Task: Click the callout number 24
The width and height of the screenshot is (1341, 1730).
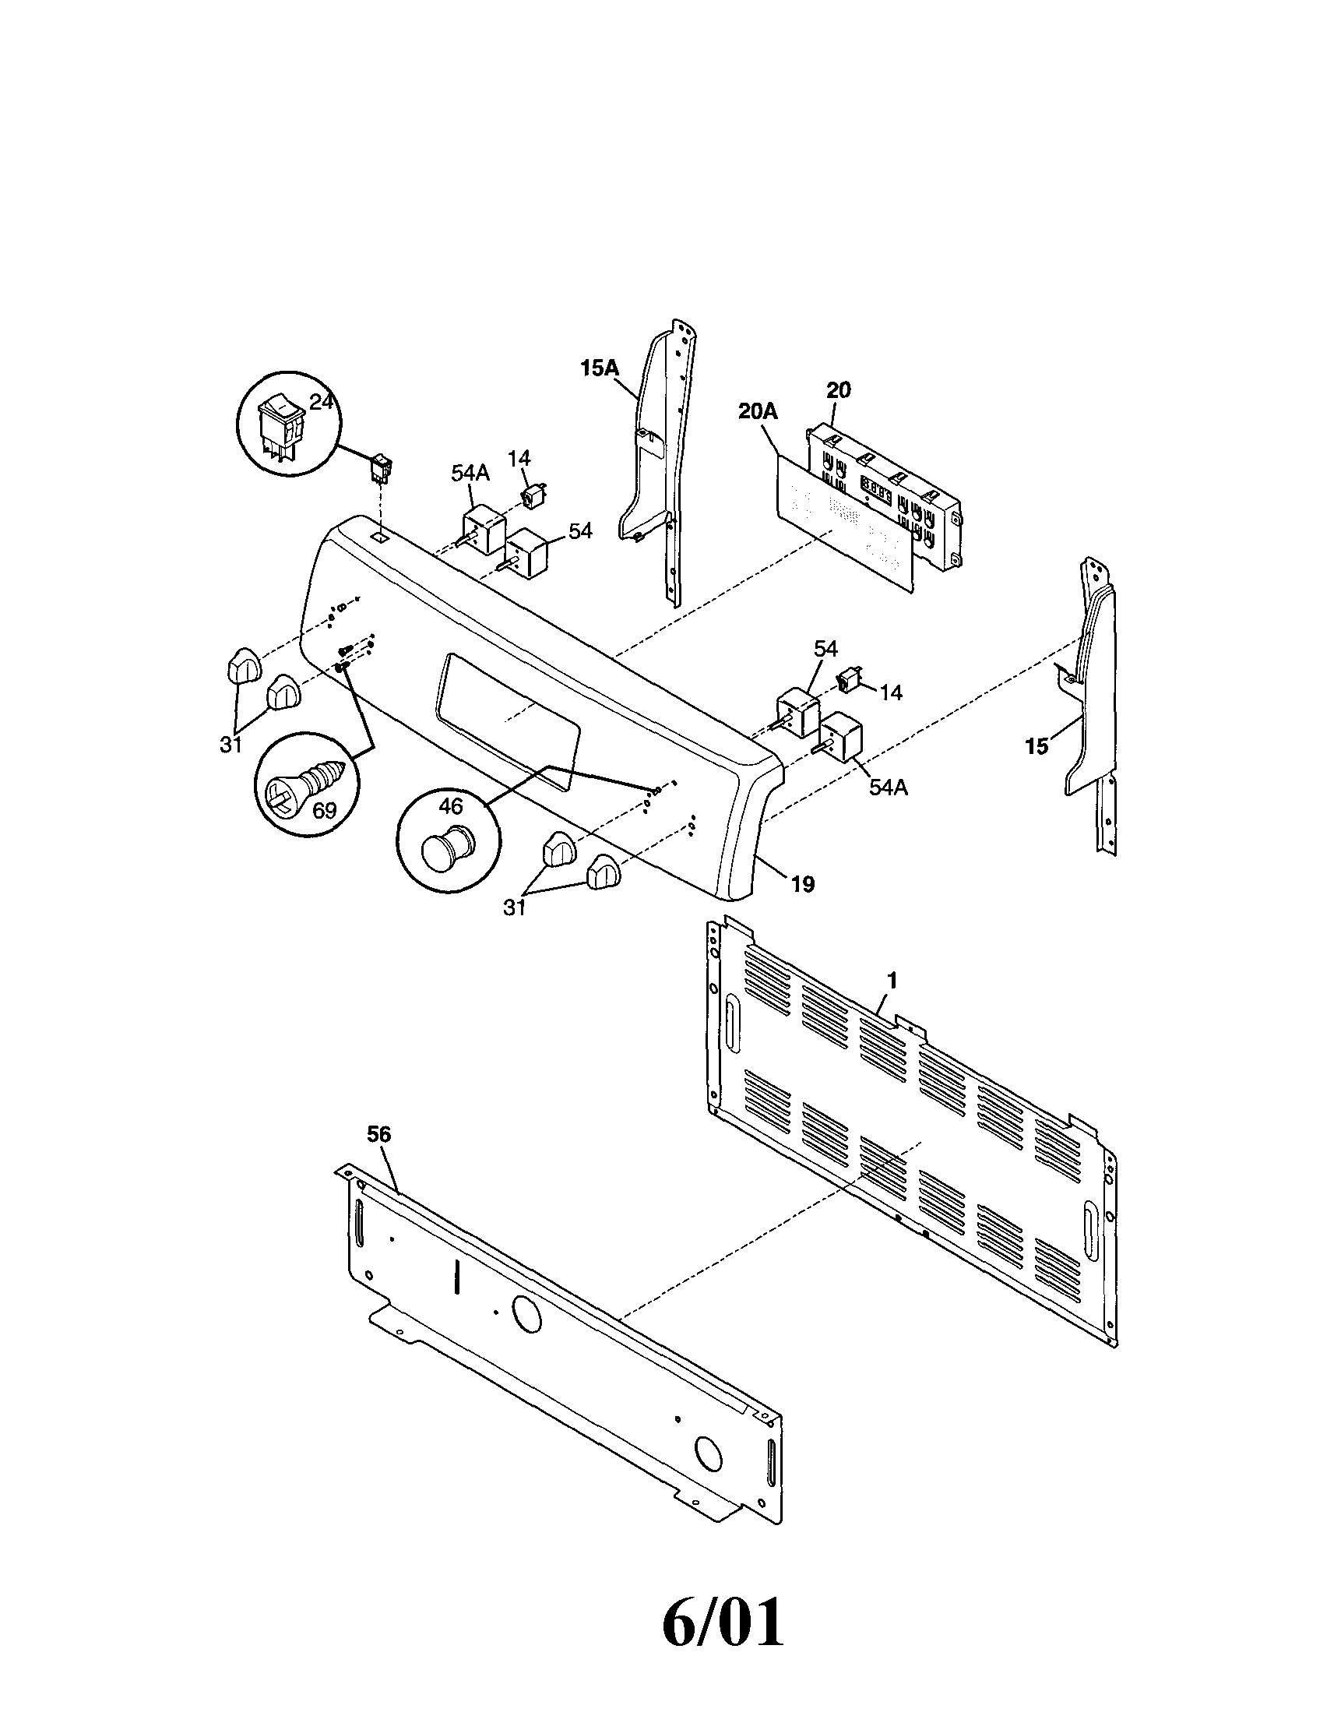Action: [x=320, y=403]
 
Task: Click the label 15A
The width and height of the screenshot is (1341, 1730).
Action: [x=600, y=368]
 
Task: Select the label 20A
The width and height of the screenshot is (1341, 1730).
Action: [x=758, y=411]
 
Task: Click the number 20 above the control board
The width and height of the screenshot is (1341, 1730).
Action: [x=838, y=389]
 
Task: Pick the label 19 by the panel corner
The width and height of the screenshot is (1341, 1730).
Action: [x=802, y=884]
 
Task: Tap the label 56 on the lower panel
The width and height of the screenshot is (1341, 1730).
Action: [x=378, y=1134]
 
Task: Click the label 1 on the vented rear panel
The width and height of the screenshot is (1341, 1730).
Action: [x=892, y=981]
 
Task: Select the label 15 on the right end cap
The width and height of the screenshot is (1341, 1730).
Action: [x=1036, y=746]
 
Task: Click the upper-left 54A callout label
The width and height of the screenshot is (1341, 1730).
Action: [x=470, y=473]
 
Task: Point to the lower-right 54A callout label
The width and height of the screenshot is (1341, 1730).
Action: [x=887, y=787]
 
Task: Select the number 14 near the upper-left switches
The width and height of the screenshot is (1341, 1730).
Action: [x=519, y=458]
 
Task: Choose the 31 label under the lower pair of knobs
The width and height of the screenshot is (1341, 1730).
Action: [x=515, y=908]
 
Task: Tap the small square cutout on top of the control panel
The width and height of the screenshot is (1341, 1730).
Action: [x=381, y=536]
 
